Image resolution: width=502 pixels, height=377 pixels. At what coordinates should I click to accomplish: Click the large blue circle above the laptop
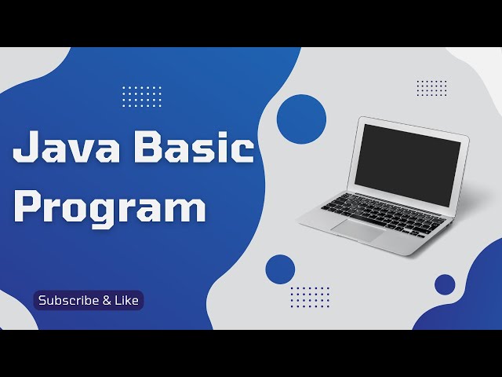[x=301, y=118]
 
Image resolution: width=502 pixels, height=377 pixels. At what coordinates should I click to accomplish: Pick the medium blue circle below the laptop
[x=280, y=269]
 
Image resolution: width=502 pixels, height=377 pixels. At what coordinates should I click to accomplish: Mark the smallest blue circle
[x=445, y=284]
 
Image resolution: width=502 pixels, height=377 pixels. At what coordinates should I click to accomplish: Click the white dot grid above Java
[x=142, y=96]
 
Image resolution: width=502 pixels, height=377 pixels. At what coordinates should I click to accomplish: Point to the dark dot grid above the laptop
[x=431, y=88]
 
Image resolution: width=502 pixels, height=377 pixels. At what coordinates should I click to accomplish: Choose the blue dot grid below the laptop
[x=310, y=297]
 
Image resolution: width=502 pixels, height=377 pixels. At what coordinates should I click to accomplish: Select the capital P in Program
[x=28, y=207]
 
